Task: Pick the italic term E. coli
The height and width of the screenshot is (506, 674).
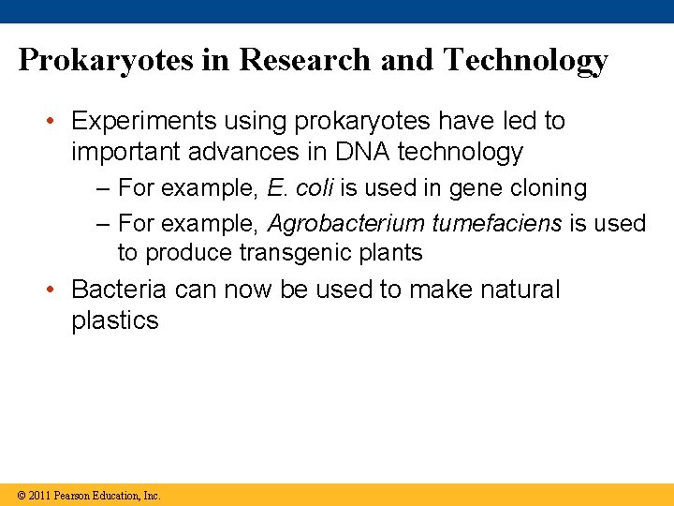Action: [300, 188]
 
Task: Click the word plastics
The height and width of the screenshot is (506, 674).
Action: [115, 320]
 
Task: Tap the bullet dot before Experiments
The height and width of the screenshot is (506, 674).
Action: [55, 122]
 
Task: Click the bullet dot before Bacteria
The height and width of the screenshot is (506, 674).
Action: [55, 290]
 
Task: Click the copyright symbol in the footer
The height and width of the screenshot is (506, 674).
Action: [22, 495]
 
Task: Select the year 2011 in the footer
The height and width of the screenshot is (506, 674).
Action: [39, 495]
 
